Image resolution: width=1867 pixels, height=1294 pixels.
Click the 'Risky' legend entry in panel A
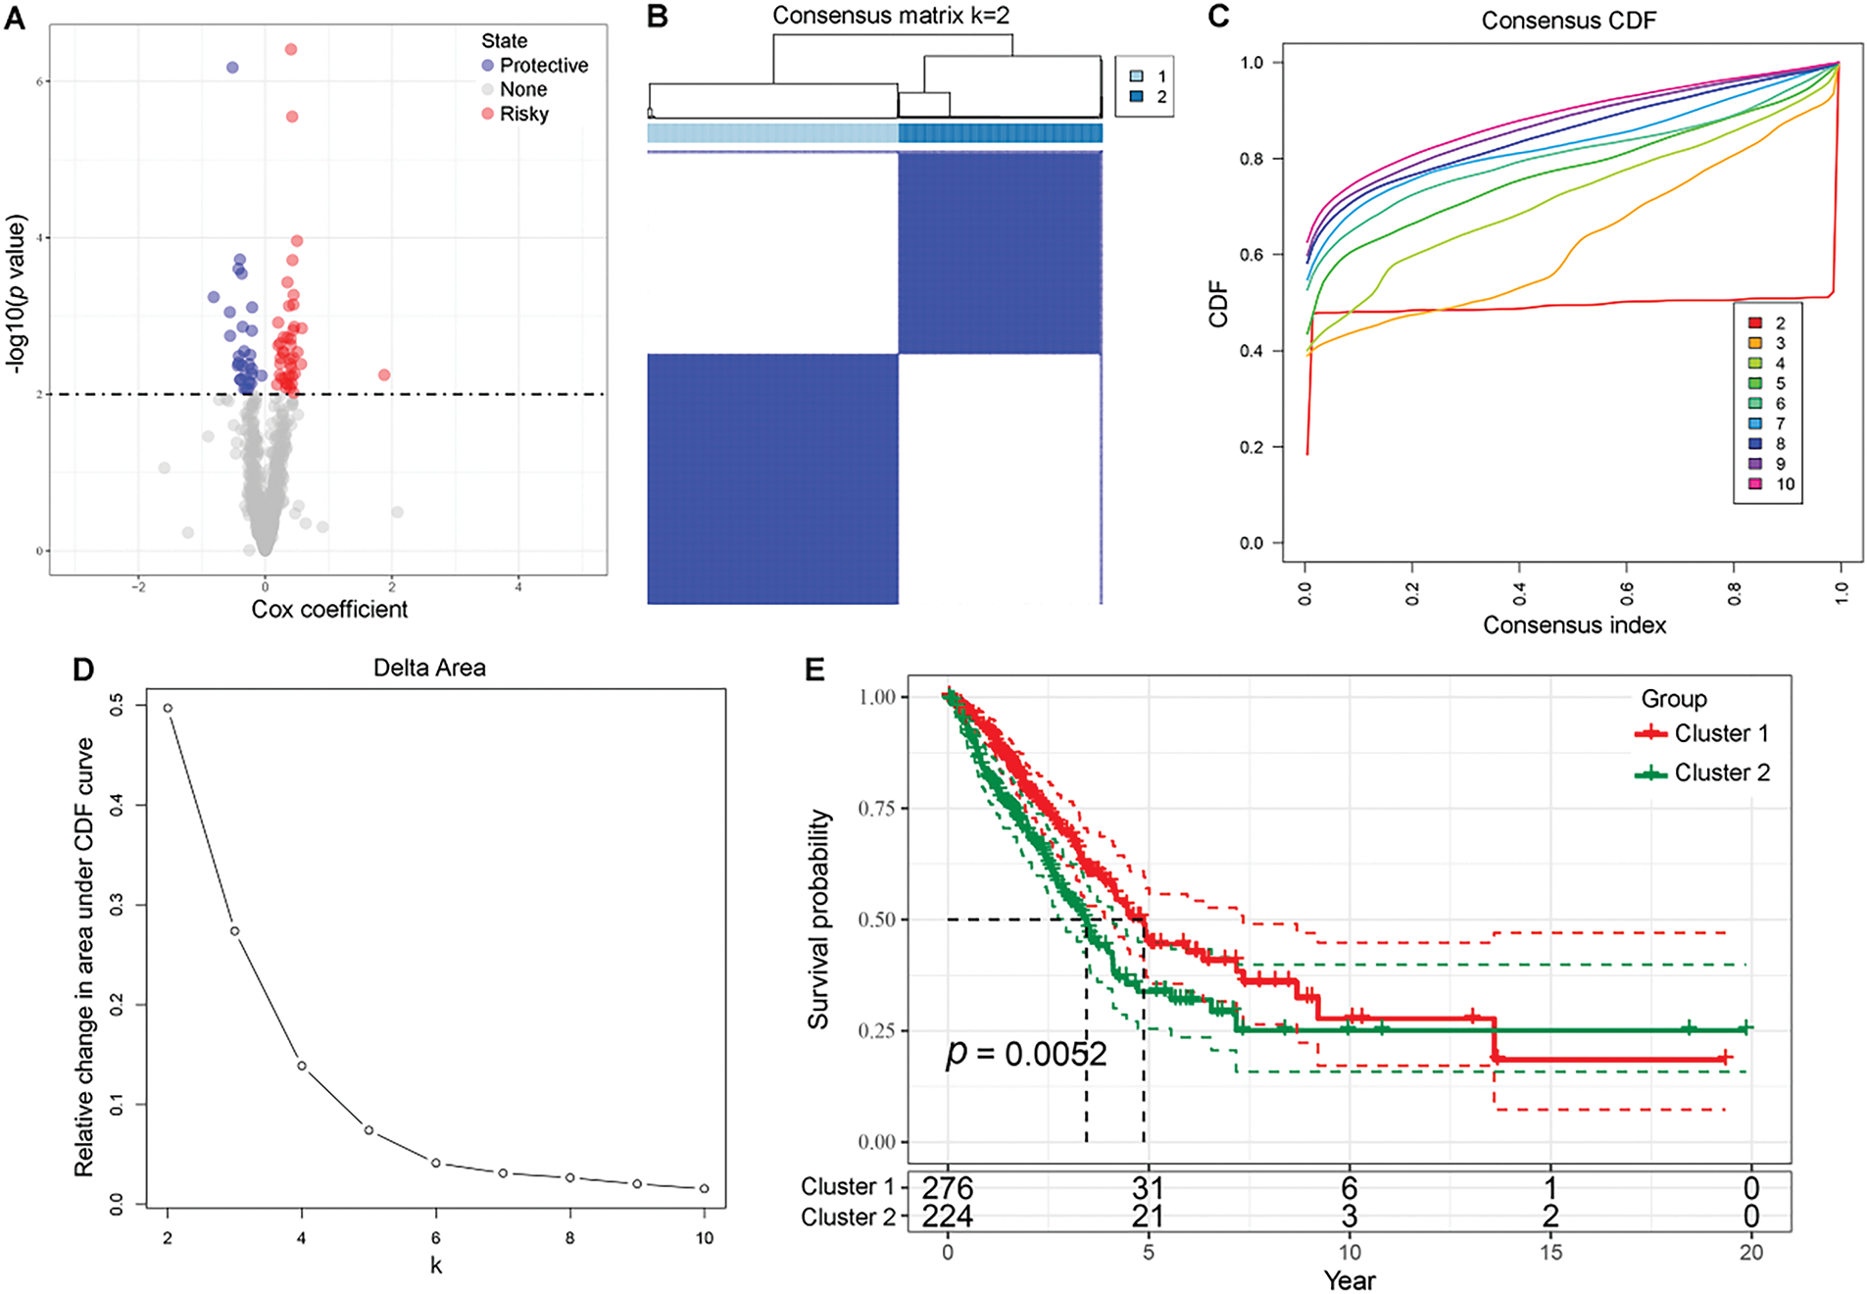click(x=523, y=114)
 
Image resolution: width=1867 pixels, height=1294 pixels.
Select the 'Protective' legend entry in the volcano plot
click(x=543, y=65)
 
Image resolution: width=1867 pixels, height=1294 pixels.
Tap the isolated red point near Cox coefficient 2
click(x=384, y=375)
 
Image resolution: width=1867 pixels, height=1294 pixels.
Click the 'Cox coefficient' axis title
click(x=329, y=609)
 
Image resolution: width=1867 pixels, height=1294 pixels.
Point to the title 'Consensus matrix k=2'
click(x=890, y=16)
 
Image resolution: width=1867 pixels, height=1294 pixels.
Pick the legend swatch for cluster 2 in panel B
click(x=1137, y=97)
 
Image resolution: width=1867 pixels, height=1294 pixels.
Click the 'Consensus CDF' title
click(x=1568, y=21)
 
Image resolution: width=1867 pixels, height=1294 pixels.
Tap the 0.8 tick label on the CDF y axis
click(x=1252, y=159)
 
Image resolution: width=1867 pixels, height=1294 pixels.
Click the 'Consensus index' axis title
click(x=1574, y=625)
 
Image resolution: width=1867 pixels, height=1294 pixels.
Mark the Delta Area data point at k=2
click(x=168, y=708)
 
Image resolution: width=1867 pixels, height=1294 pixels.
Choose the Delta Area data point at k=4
click(x=302, y=1066)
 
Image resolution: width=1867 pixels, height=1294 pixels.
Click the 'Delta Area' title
click(x=429, y=668)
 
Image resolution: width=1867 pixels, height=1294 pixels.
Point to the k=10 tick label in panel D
click(x=704, y=1238)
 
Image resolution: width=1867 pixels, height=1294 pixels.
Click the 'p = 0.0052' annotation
click(x=1025, y=1054)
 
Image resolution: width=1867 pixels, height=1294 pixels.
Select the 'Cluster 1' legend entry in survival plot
click(x=1721, y=733)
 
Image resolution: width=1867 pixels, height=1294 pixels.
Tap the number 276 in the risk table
click(x=948, y=1188)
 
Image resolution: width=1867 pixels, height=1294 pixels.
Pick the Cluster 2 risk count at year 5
click(x=1148, y=1217)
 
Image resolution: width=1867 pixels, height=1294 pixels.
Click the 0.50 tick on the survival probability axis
click(x=877, y=920)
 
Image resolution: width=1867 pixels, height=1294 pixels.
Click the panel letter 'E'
click(x=814, y=670)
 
